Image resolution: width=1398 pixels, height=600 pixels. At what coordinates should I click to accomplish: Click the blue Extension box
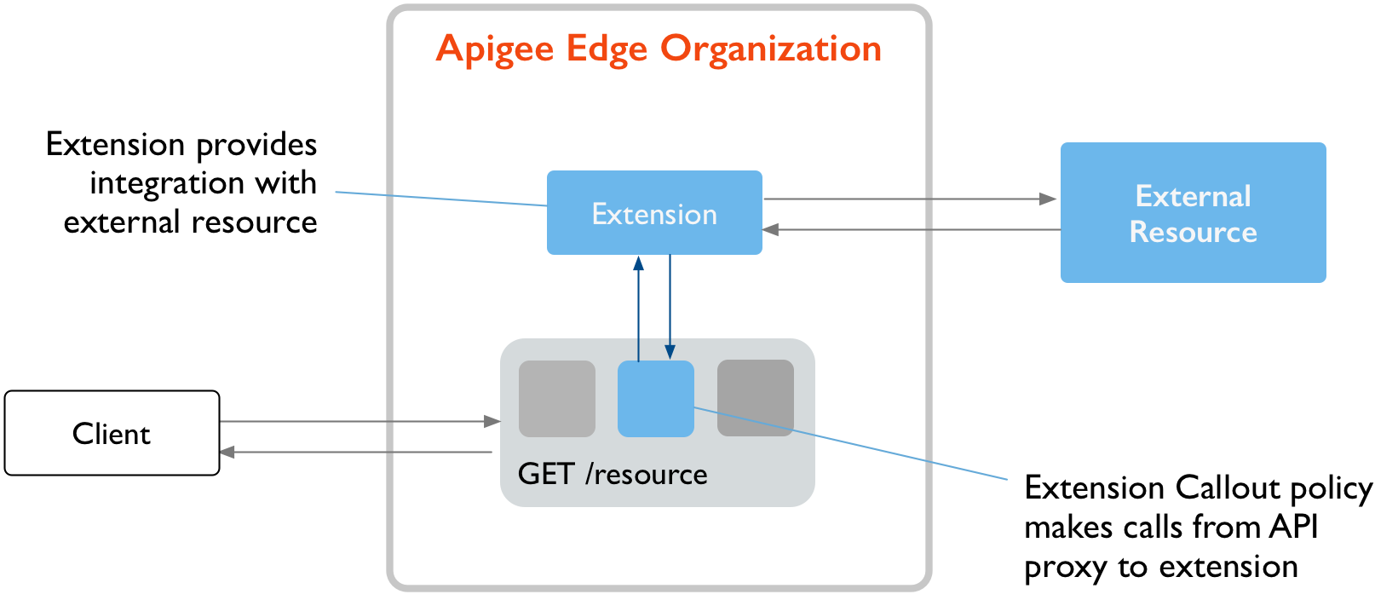tap(654, 213)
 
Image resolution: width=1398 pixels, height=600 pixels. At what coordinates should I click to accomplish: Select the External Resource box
tap(1193, 213)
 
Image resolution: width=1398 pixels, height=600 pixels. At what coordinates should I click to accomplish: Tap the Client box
tap(112, 433)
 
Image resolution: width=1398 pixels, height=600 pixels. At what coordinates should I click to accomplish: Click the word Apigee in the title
tap(495, 49)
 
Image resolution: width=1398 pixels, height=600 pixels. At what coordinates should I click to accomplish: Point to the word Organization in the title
tap(771, 49)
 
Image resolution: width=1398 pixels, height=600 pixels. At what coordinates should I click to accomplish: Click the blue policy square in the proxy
tap(655, 399)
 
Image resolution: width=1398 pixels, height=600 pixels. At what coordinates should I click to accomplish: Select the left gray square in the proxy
tap(557, 399)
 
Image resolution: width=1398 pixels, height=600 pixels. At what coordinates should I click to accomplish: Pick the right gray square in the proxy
tap(756, 398)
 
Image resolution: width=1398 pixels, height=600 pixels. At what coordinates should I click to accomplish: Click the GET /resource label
tap(613, 474)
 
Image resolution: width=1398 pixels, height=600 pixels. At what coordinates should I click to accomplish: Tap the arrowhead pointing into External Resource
tap(1049, 199)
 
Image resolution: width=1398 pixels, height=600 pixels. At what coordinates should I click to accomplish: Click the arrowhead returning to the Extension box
tap(770, 229)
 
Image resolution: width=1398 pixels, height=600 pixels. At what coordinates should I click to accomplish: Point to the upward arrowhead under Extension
tap(638, 263)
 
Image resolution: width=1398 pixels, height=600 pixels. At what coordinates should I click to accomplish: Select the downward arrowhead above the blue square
tap(670, 351)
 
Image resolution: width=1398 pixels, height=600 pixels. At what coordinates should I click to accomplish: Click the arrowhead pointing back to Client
tap(227, 452)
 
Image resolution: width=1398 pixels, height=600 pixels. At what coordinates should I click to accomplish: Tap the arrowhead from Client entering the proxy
tap(492, 421)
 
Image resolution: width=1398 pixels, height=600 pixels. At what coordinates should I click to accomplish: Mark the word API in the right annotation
tap(1293, 527)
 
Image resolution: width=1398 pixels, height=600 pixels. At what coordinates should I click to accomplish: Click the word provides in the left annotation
tap(256, 145)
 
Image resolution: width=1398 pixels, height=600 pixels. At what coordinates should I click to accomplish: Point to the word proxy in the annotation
tap(1065, 568)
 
